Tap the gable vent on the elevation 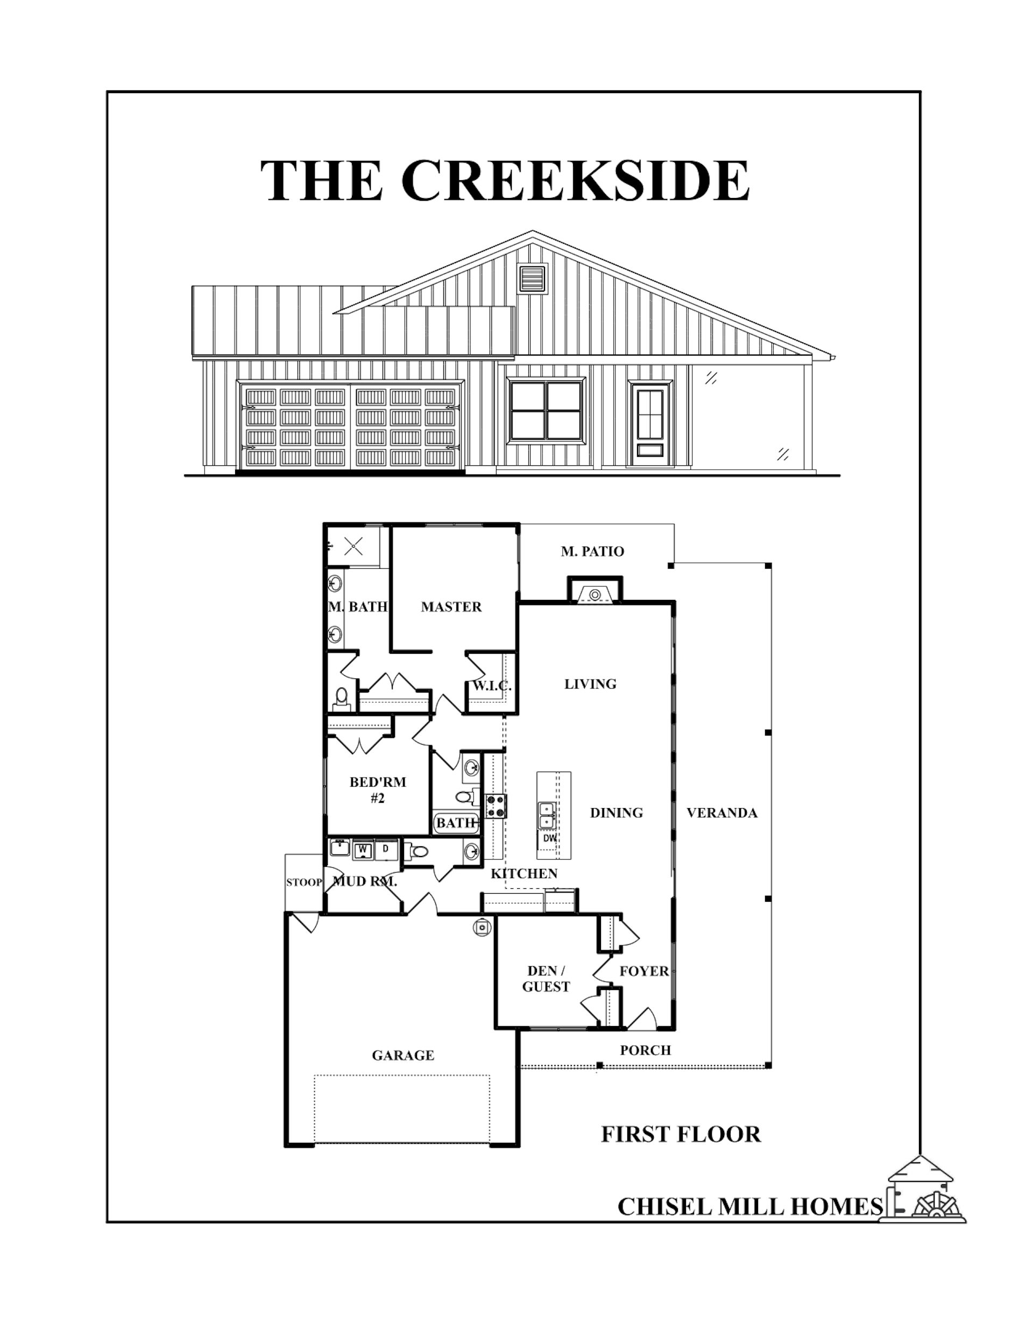(x=531, y=279)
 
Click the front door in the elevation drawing (x=650, y=423)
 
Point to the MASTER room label (x=451, y=607)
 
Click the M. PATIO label (x=592, y=551)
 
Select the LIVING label (x=590, y=684)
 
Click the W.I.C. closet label (x=492, y=685)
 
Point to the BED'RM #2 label (x=378, y=790)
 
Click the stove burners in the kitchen (x=496, y=805)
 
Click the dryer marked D (x=386, y=849)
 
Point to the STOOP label (x=305, y=882)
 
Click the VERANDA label (x=722, y=813)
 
